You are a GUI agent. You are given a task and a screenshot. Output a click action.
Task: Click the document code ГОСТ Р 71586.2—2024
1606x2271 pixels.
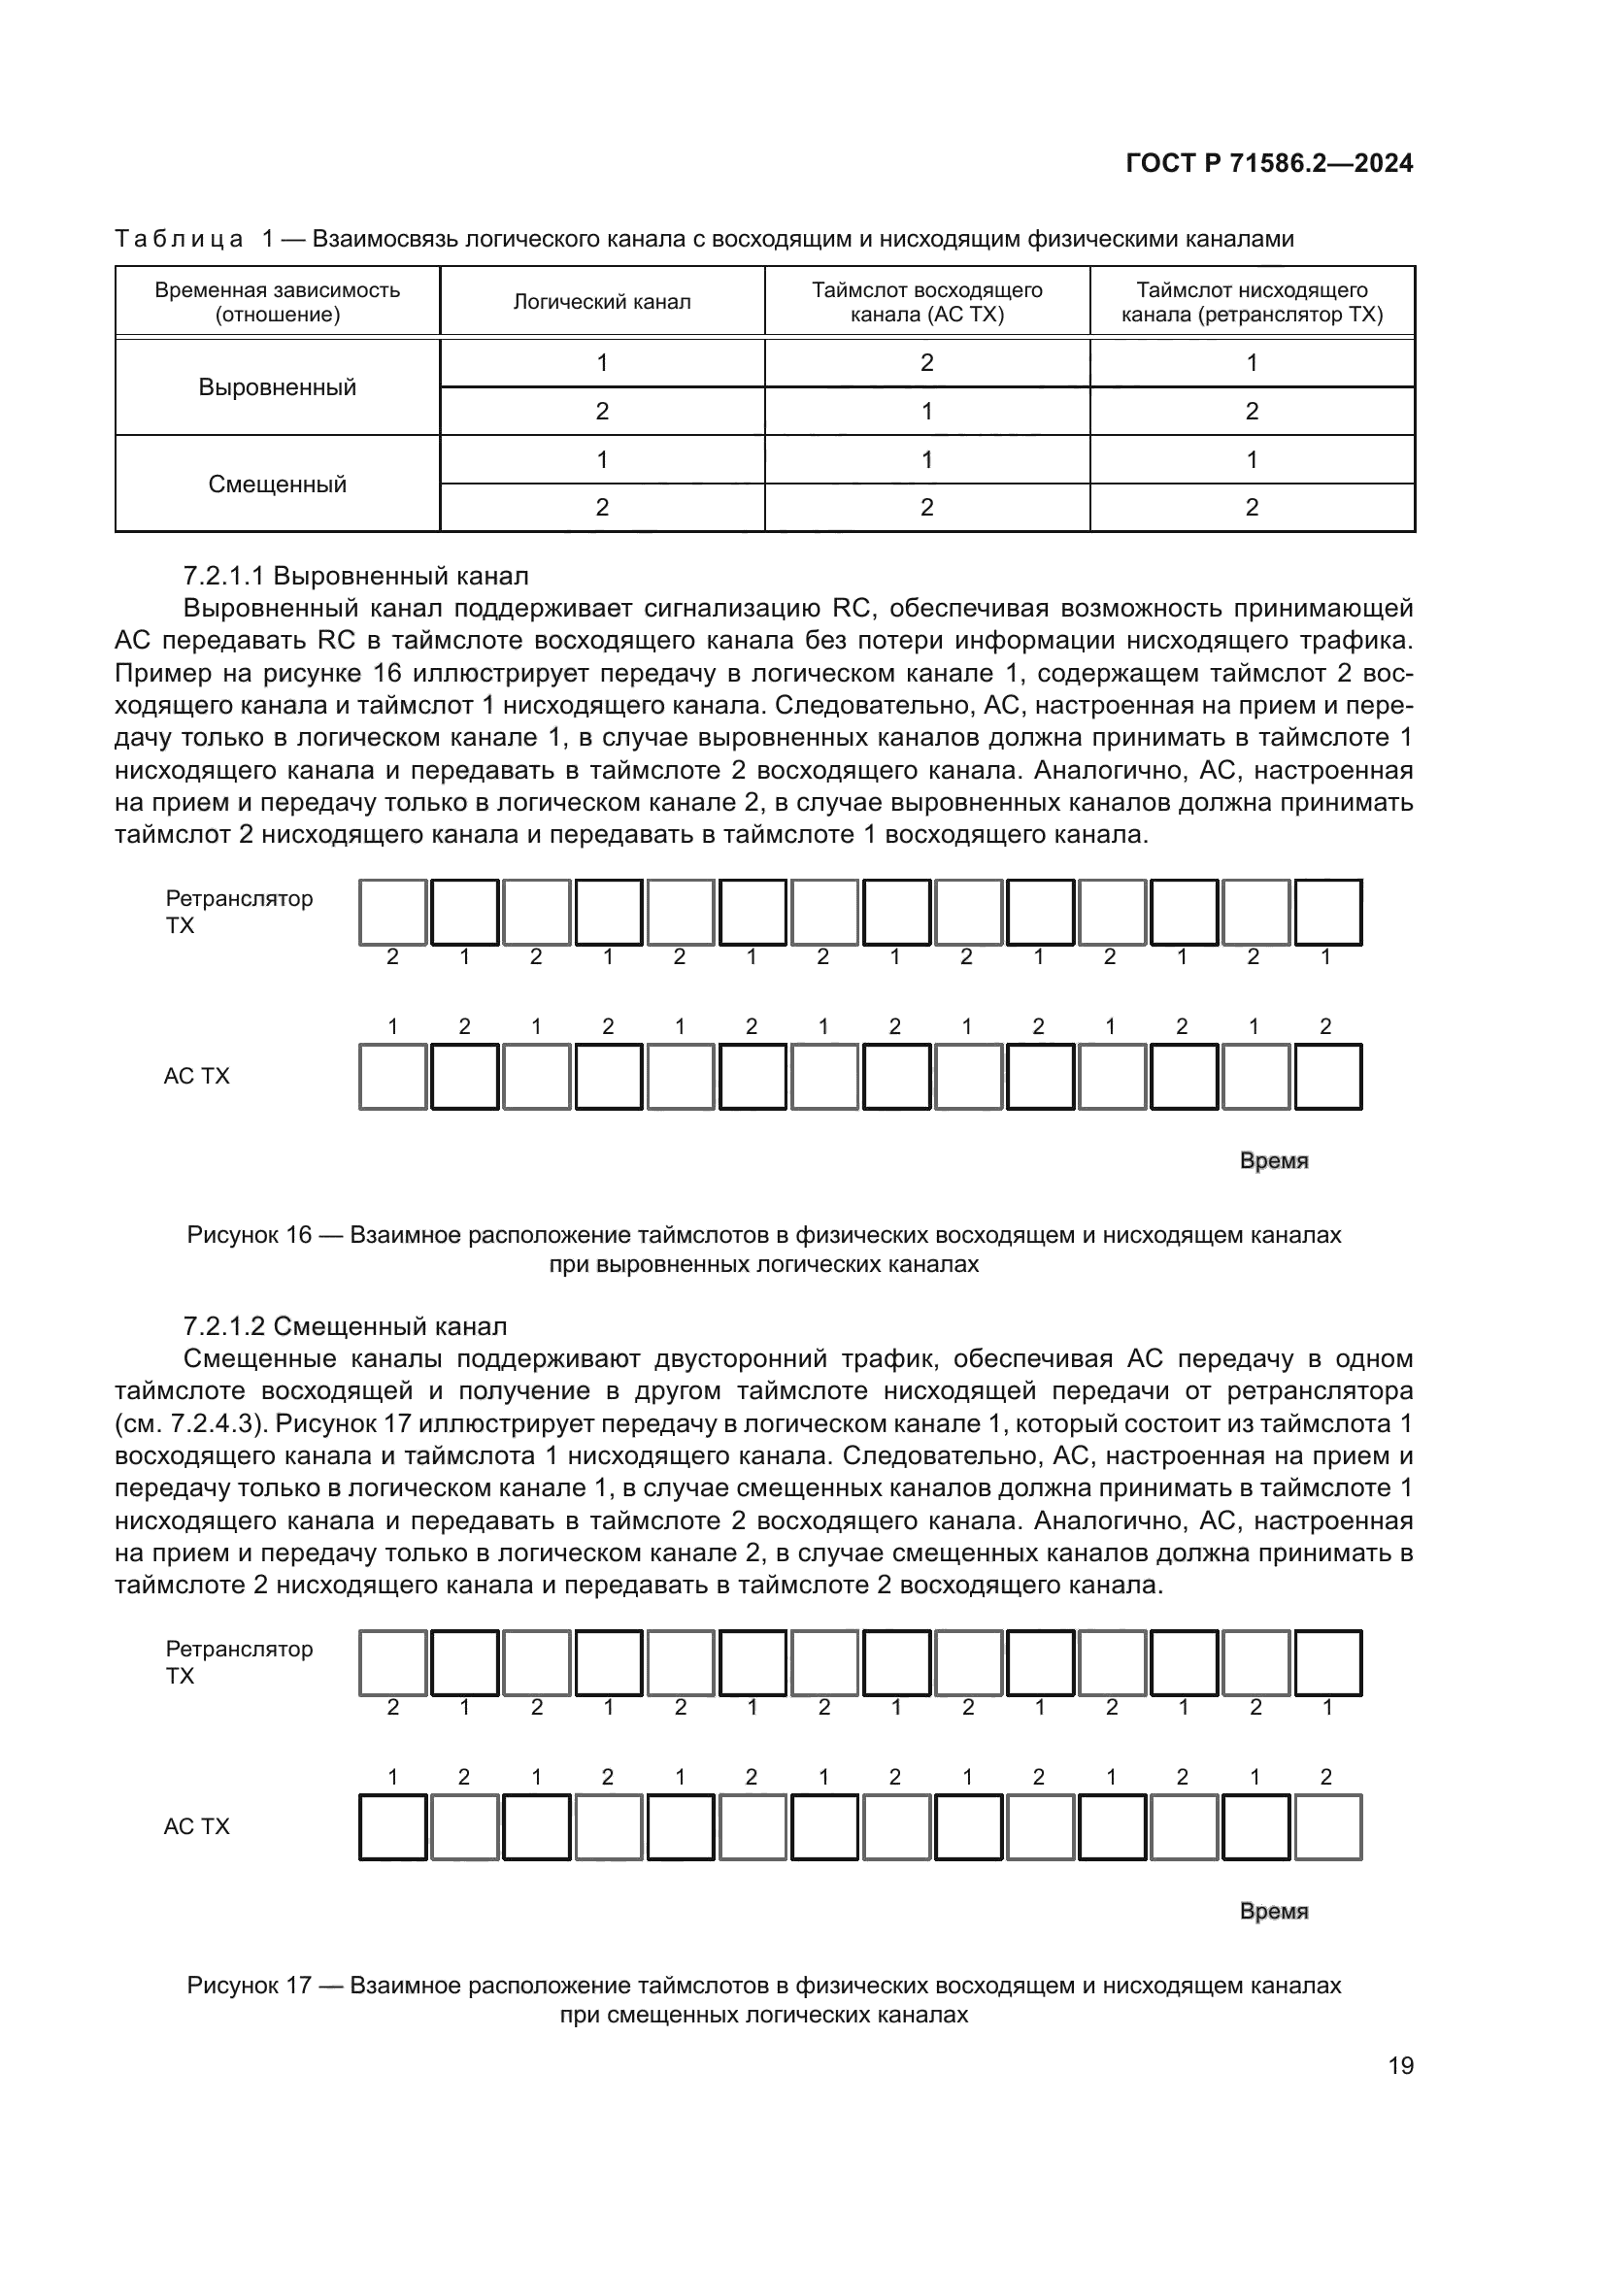point(1269,163)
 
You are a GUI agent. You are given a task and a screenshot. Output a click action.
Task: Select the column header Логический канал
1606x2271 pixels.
point(601,302)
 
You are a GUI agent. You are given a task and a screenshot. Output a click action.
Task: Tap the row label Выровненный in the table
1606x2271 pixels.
point(277,386)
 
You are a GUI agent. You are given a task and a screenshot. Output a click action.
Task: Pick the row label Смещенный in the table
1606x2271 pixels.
point(277,484)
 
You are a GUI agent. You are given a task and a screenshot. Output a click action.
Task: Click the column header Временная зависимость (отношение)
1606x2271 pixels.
point(277,302)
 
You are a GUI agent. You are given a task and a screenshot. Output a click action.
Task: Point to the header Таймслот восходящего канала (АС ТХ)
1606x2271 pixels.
point(926,302)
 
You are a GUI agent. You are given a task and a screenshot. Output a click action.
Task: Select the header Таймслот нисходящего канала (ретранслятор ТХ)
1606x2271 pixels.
point(1251,302)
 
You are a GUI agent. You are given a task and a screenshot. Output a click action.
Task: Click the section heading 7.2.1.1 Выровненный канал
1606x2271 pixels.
point(356,576)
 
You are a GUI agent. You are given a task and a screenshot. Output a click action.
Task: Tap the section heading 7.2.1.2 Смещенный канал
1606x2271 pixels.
point(345,1325)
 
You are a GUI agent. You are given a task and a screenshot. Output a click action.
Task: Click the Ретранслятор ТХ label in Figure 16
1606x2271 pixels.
point(238,911)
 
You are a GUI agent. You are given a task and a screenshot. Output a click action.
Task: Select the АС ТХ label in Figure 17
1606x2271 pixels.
point(196,1826)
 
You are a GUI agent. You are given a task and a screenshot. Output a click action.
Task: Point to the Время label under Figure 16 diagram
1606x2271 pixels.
point(1274,1160)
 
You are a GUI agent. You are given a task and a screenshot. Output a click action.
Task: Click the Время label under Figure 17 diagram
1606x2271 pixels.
point(1274,1911)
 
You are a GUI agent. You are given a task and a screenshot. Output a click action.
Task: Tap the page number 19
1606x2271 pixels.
point(1400,2065)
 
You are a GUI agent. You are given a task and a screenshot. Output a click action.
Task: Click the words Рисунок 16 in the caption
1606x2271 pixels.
point(250,1234)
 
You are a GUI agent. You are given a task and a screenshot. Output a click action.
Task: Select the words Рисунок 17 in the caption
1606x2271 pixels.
point(250,1986)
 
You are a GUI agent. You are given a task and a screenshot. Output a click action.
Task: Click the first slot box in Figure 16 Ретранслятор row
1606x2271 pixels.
point(392,912)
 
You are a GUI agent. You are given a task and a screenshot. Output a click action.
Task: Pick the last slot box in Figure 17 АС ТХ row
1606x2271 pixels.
point(1327,1827)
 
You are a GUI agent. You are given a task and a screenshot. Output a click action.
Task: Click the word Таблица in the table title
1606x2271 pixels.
point(179,239)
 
